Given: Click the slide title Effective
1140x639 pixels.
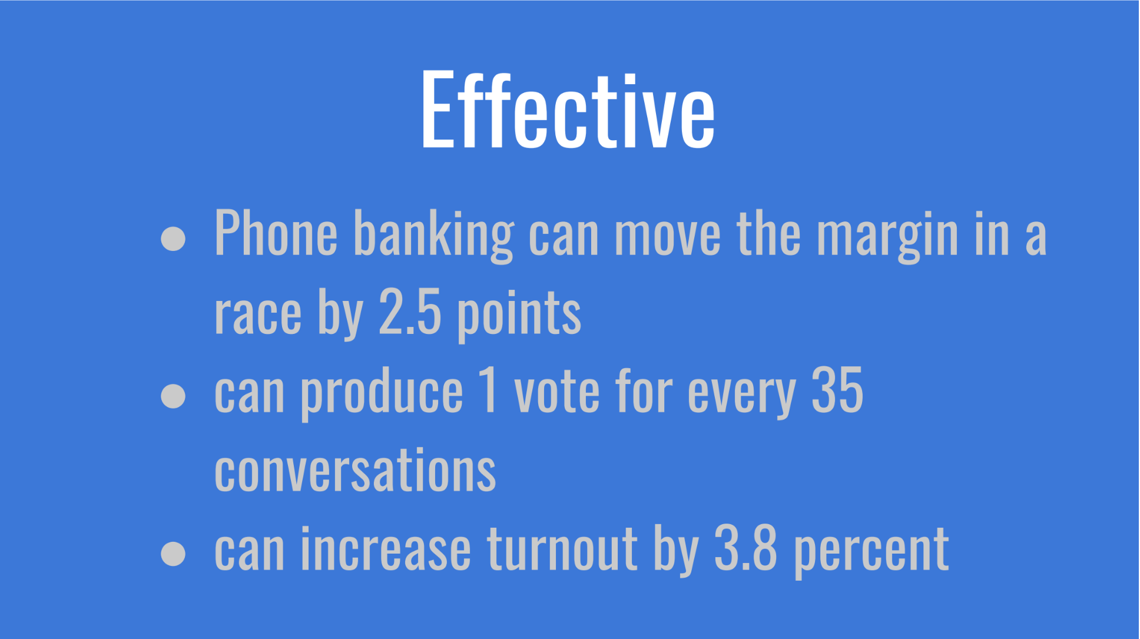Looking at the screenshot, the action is [x=568, y=110].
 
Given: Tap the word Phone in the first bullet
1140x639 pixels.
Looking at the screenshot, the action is [x=276, y=233].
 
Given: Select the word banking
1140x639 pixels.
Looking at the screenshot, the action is [x=434, y=236].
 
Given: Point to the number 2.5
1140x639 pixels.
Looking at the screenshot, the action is [x=410, y=312].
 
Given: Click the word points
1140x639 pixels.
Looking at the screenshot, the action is [x=519, y=314].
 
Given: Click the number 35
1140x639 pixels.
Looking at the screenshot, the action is [x=837, y=390].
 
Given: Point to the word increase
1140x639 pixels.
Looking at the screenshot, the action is [x=386, y=549].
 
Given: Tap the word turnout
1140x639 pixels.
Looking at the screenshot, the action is [x=562, y=549].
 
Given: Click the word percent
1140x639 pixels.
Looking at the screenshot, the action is [x=871, y=551].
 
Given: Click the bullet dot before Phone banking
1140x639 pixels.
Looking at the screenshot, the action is [x=173, y=239].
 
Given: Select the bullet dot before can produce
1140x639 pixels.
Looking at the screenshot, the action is [x=173, y=395].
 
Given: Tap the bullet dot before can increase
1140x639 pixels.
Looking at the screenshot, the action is [x=173, y=553].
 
